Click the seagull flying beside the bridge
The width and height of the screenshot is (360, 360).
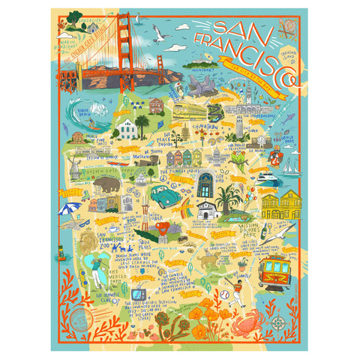pos(157,30)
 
